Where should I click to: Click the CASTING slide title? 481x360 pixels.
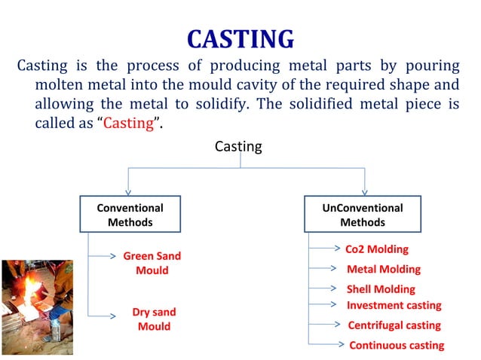point(240,38)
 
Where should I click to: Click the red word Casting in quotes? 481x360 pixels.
point(128,124)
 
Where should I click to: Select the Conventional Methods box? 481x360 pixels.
point(130,215)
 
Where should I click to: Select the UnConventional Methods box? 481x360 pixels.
point(362,215)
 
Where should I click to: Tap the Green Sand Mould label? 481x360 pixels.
point(152,263)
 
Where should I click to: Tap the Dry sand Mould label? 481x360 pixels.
point(153,319)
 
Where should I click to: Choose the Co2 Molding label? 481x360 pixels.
point(376,249)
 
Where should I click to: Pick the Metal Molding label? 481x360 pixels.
point(383,269)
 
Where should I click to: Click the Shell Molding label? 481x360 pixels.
point(380,288)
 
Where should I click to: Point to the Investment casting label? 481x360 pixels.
point(394,305)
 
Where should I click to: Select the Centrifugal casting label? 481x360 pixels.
point(394,325)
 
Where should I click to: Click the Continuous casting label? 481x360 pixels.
point(396,345)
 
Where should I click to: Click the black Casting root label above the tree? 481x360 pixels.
point(238,147)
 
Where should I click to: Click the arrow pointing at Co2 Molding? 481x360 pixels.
point(326,247)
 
